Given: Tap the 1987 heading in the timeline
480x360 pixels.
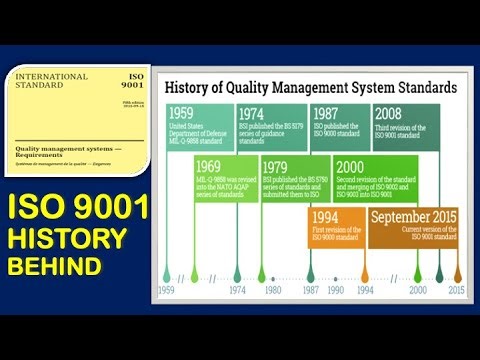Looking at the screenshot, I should (x=327, y=114).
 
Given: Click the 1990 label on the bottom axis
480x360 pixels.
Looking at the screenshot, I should (x=336, y=290).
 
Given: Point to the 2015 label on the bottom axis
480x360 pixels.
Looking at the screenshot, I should (x=456, y=290).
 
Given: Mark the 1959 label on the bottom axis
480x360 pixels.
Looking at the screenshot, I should (x=167, y=290).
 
